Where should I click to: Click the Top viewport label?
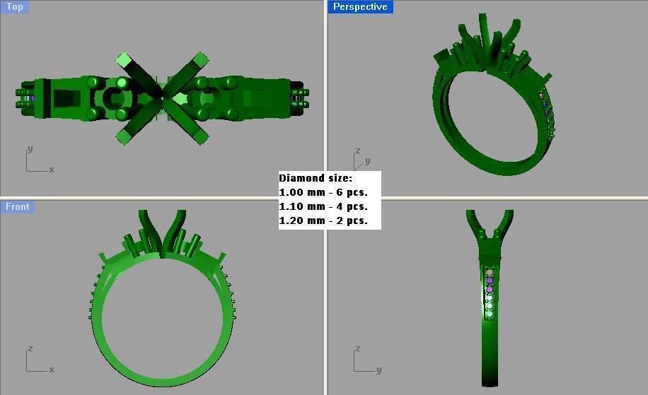(14, 7)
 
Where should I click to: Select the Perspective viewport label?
(360, 7)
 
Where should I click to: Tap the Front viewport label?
(18, 207)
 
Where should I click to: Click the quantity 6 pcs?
(352, 192)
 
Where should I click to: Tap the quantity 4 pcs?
(352, 206)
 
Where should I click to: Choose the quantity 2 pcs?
(352, 220)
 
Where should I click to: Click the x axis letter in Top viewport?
(52, 170)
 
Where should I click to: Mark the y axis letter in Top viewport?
(29, 149)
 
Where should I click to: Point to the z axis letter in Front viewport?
(29, 349)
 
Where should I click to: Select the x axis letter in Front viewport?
(52, 370)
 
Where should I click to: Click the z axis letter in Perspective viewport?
(358, 151)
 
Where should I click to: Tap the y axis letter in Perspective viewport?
(368, 161)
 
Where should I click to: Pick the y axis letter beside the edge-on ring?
(378, 370)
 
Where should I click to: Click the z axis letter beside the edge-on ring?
(358, 349)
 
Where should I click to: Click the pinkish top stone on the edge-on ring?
(490, 273)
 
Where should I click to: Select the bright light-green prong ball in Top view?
(122, 83)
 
